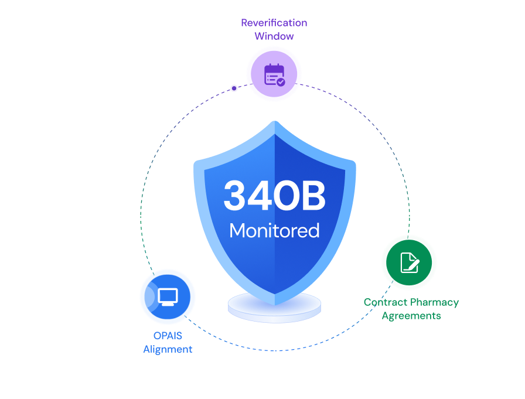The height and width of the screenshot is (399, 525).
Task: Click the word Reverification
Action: point(274,23)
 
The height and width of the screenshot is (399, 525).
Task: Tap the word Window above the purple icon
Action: point(274,36)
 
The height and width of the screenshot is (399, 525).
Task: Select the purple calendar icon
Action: point(274,74)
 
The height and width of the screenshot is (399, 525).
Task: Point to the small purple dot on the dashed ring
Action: point(234,88)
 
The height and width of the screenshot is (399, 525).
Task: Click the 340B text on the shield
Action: point(274,196)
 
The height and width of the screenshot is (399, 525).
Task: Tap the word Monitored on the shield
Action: point(274,230)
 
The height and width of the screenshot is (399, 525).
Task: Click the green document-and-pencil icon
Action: point(409,262)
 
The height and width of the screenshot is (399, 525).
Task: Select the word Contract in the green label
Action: point(384,302)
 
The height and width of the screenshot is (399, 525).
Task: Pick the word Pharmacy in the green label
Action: point(434,302)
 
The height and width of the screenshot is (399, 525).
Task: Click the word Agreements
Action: point(411,316)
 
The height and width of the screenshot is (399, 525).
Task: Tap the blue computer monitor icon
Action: point(168,296)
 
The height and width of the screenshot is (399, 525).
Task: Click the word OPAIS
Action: point(168,336)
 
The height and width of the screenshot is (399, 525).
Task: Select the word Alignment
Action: point(168,349)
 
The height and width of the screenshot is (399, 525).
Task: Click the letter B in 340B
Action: point(313,196)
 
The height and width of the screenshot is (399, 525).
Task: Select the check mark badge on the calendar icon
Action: point(281,82)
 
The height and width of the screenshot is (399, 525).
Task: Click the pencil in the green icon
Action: point(414,264)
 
